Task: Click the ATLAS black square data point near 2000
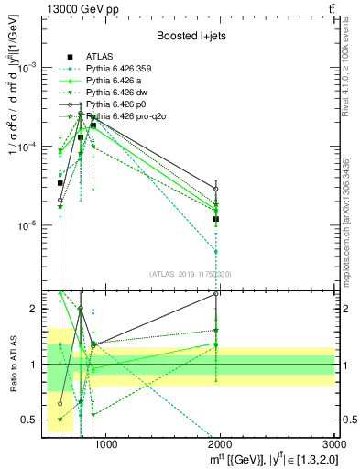coord(216,219)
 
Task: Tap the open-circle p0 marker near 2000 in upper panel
coord(216,189)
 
